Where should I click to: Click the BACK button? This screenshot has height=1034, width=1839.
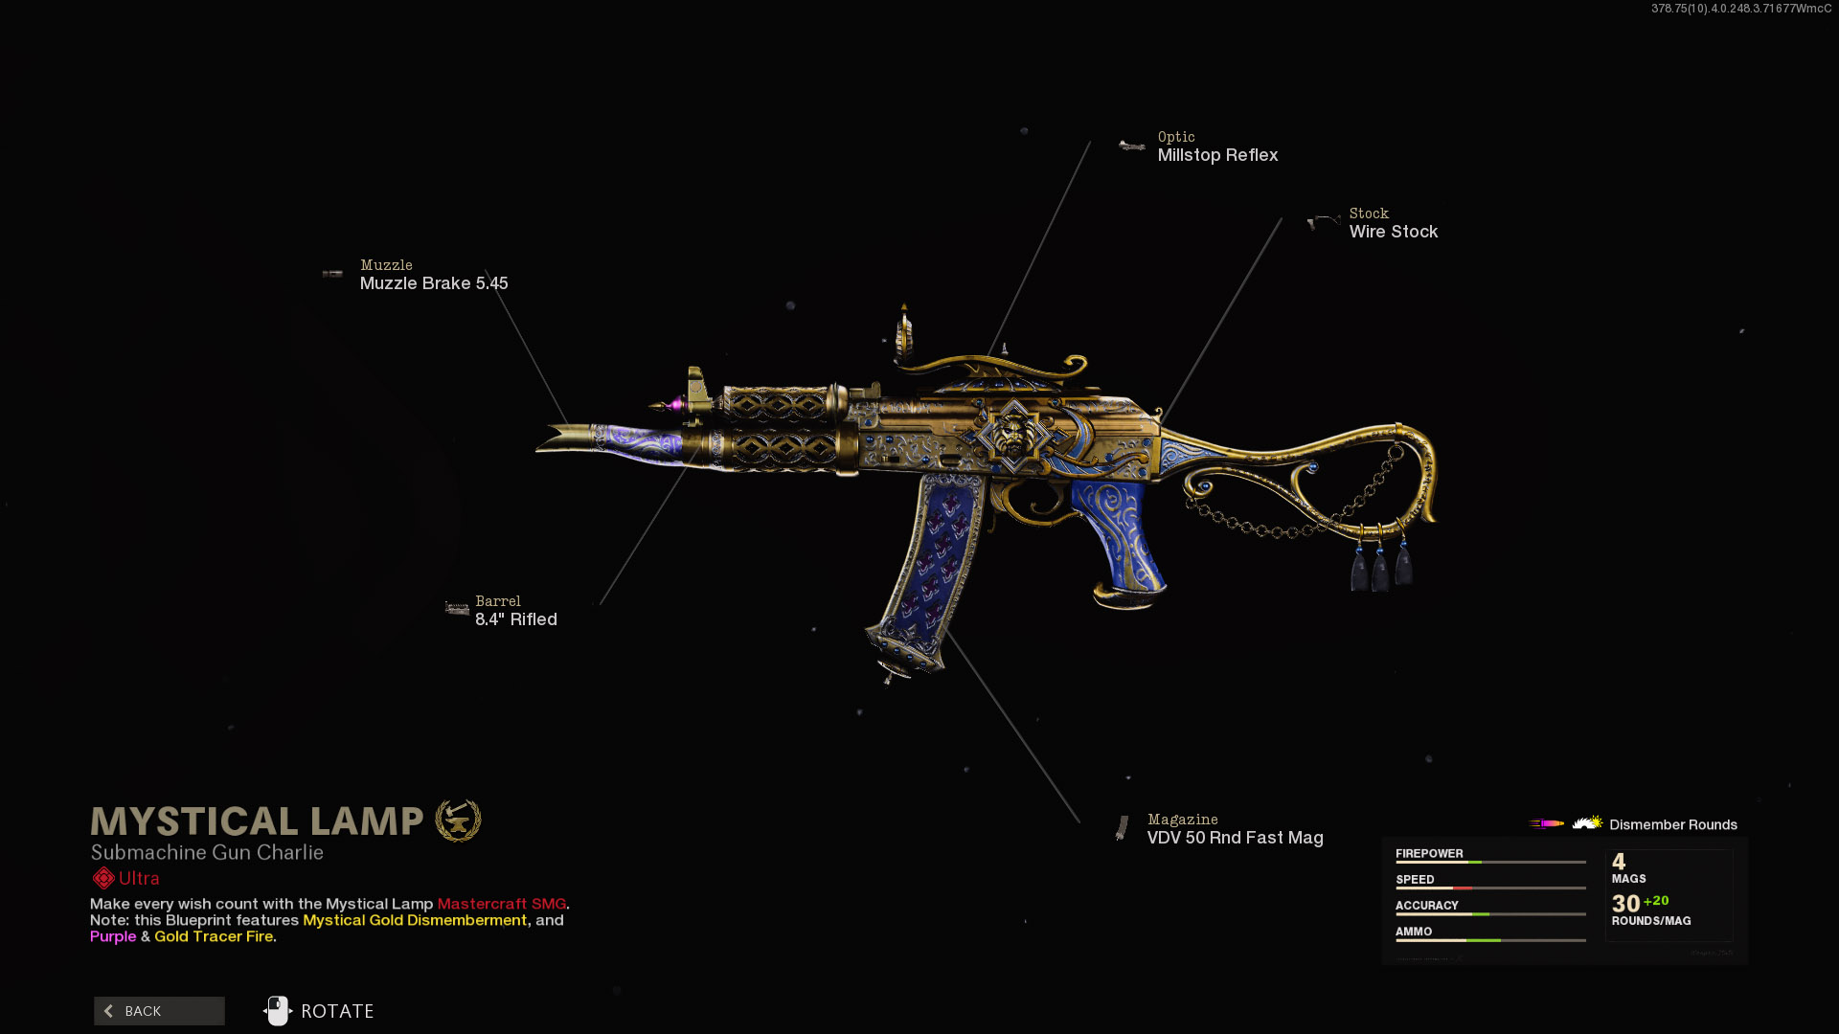pos(159,1011)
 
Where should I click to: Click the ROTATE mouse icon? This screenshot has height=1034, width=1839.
pos(278,1011)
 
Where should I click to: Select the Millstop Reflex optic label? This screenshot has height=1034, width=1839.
pos(1217,155)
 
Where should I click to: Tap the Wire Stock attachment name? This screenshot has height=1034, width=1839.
pos(1393,232)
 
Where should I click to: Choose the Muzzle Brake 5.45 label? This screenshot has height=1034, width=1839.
pos(434,283)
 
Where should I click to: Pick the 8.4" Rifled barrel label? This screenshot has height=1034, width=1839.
pos(515,619)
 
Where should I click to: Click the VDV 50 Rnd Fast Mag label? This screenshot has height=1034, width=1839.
pos(1235,838)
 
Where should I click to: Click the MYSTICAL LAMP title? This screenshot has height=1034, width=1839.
pos(257,821)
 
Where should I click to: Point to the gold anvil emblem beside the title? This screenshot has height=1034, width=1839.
pos(458,820)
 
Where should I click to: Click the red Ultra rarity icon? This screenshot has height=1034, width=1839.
pos(102,878)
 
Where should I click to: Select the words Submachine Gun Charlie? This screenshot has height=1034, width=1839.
pos(207,852)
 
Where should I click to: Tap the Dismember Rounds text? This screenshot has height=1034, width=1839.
pos(1672,824)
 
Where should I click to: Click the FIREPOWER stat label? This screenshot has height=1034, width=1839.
pos(1429,853)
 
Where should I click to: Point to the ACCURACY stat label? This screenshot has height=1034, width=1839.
pos(1426,905)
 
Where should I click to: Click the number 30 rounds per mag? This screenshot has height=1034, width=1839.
pos(1625,903)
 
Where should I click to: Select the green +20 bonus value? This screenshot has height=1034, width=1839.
pos(1656,901)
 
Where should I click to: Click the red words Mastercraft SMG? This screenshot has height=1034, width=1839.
pos(501,904)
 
